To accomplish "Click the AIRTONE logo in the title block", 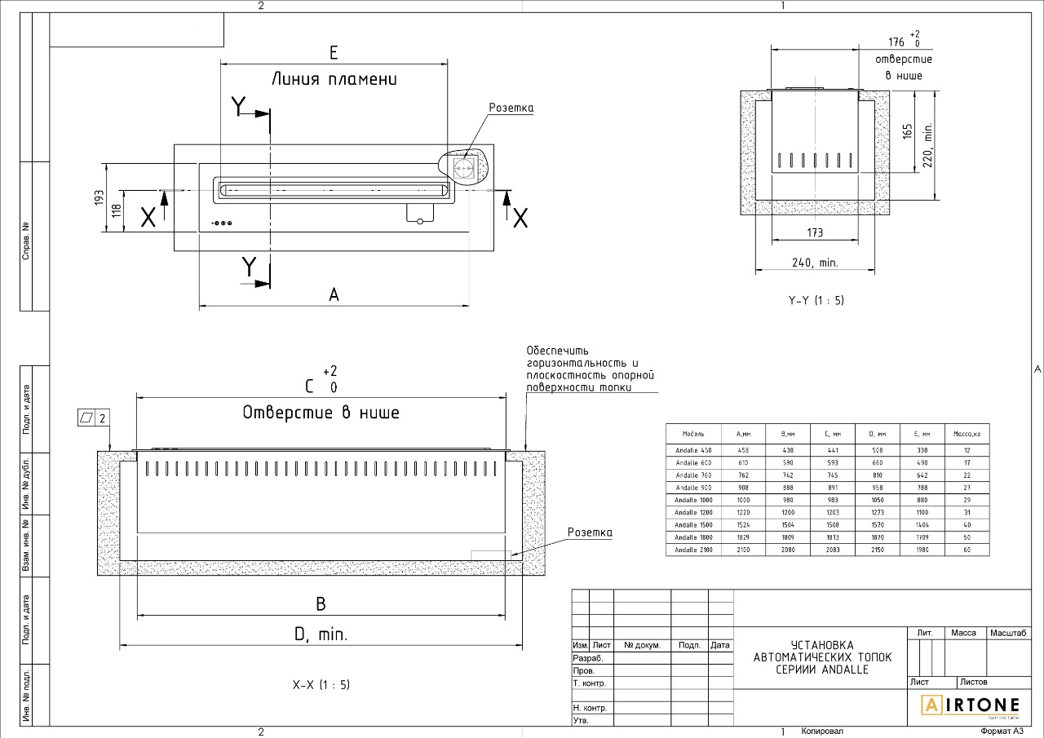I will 971,705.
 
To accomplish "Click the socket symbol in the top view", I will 464,168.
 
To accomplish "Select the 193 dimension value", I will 100,197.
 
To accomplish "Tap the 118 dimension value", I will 117,210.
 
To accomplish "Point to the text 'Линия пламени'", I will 334,80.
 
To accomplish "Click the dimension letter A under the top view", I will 334,295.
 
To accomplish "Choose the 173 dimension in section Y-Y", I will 815,232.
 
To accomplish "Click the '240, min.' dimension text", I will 815,263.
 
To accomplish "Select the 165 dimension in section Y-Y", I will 908,131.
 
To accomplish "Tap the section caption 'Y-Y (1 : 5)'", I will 816,300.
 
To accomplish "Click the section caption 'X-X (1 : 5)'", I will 321,685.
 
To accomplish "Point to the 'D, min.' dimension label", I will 321,634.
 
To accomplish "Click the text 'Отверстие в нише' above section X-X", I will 321,413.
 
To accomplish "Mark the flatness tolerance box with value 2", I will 94,418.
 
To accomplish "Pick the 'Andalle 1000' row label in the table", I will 694,500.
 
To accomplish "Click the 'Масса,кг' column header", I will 966,434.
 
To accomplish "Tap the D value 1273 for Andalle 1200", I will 878,512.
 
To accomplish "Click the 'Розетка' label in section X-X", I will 590,533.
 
